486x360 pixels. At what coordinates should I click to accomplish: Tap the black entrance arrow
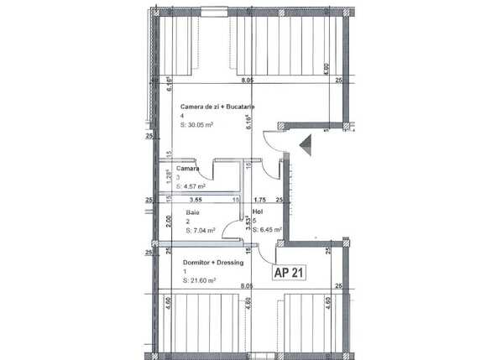(304, 144)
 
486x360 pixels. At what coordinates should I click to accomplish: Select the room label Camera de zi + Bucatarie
(217, 107)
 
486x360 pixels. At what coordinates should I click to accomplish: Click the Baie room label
(192, 213)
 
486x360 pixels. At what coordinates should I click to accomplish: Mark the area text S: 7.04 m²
(201, 230)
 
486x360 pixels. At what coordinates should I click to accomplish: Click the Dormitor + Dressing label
(214, 263)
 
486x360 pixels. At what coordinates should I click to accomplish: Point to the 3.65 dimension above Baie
(196, 201)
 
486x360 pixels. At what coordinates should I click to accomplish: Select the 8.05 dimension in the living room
(247, 81)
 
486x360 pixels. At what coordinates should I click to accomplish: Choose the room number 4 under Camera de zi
(182, 116)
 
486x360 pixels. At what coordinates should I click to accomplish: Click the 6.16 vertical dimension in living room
(249, 124)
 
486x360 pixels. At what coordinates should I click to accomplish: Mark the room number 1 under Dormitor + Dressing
(183, 273)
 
